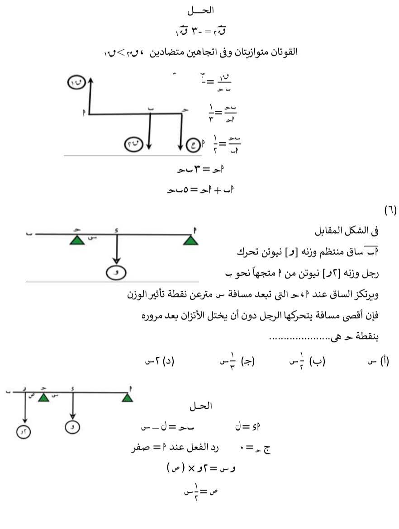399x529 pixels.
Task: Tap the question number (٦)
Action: coord(389,210)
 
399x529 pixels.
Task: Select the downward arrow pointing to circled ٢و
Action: coord(24,409)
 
